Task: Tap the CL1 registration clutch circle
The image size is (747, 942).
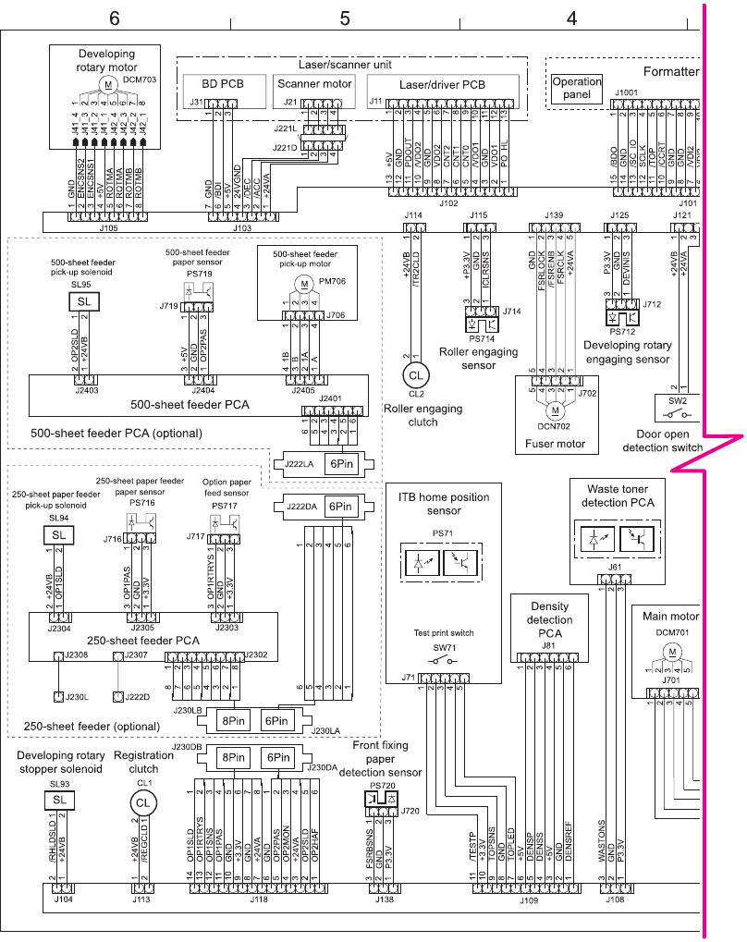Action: tap(141, 802)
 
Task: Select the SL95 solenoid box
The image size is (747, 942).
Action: tap(84, 302)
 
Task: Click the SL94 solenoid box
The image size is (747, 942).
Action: tap(58, 535)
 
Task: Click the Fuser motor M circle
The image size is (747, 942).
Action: tap(555, 409)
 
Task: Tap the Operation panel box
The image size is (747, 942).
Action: tap(576, 88)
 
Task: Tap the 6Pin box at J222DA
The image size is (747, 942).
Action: tap(339, 507)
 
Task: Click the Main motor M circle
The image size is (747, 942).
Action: tap(673, 652)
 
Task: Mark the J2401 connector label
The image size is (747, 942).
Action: tap(330, 399)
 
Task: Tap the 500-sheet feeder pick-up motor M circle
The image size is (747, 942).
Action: tap(303, 283)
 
